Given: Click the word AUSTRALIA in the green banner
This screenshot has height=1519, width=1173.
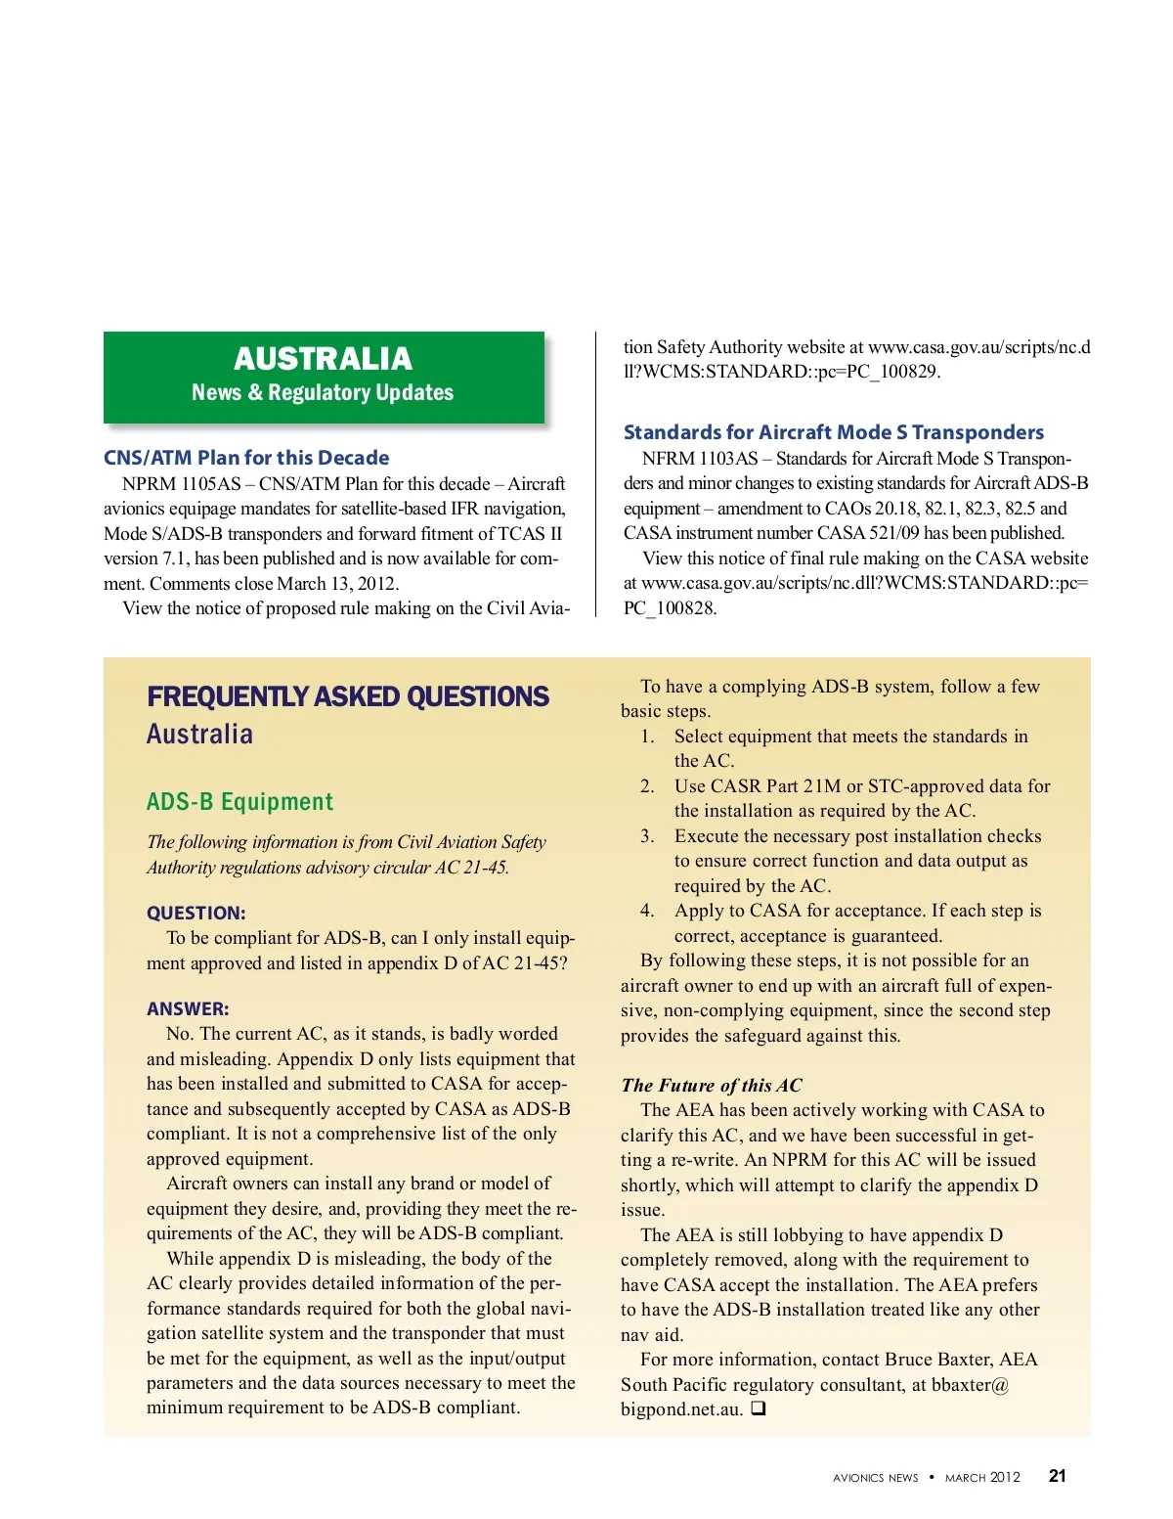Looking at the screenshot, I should tap(323, 359).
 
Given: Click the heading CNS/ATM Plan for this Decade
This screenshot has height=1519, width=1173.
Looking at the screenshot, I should tap(246, 458).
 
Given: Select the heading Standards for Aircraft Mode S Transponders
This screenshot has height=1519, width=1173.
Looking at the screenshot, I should tap(833, 432).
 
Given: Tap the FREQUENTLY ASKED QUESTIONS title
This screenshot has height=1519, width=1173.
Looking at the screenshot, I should tap(348, 696).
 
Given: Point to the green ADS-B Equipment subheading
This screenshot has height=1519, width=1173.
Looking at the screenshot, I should tap(239, 802).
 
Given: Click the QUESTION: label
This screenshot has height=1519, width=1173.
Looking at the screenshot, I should tap(195, 913).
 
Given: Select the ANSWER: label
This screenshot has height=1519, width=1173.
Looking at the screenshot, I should tap(188, 1008).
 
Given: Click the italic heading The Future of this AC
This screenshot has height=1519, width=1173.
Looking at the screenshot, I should tap(711, 1085).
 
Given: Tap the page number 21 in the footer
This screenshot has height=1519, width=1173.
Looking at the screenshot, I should tap(1057, 1476).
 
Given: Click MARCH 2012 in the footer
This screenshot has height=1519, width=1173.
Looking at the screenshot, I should tap(981, 1477).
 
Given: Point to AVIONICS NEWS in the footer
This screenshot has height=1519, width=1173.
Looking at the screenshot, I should tap(875, 1478).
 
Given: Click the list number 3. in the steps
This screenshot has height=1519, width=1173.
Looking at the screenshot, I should tap(647, 836).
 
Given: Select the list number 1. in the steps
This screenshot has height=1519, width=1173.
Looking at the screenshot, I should tap(647, 737).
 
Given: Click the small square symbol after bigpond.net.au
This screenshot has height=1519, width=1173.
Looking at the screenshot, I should tap(759, 1408).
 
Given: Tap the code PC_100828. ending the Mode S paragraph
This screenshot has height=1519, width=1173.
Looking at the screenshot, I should tap(670, 608).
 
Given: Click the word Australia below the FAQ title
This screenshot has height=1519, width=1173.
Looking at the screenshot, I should tap(199, 735).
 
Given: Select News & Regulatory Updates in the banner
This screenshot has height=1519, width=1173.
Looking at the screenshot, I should tap(323, 393).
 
